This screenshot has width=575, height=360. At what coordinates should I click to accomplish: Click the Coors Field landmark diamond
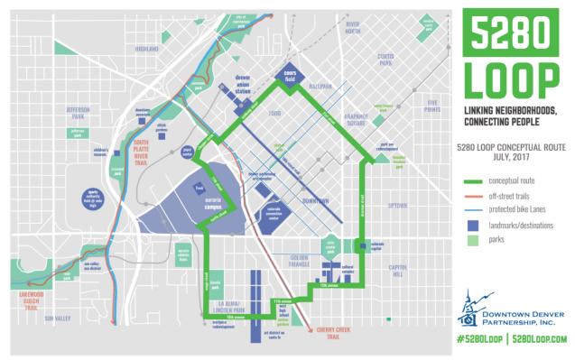pyautogui.click(x=290, y=77)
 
